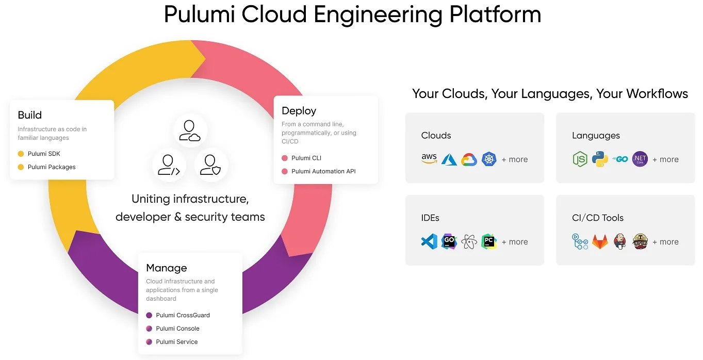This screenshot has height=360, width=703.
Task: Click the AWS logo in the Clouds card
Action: click(429, 159)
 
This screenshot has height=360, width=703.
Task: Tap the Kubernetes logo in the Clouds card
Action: click(489, 159)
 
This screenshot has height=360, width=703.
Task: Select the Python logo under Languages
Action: click(600, 159)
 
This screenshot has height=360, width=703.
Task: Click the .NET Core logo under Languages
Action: click(640, 159)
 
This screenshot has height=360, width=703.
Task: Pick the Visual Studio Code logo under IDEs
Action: click(429, 241)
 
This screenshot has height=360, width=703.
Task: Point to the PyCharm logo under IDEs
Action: click(489, 241)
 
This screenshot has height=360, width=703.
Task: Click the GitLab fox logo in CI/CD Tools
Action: click(600, 241)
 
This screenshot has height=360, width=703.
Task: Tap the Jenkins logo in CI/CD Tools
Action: click(620, 241)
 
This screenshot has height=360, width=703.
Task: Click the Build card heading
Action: click(30, 115)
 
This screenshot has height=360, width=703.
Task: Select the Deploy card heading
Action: click(299, 111)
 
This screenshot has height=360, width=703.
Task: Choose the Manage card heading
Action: click(167, 268)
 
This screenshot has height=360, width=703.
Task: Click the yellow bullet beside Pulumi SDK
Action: click(21, 154)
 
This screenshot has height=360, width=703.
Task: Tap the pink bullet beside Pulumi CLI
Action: click(285, 158)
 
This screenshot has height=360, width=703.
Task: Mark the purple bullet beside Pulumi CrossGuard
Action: click(149, 315)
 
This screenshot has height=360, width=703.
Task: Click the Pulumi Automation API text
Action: click(323, 171)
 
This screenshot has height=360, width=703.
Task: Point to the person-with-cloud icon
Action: click(190, 130)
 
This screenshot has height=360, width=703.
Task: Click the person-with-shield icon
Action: click(211, 165)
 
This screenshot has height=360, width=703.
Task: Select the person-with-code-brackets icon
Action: click(169, 165)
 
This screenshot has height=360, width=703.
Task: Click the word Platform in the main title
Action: click(495, 14)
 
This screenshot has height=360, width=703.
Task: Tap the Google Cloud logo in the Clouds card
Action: click(469, 159)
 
